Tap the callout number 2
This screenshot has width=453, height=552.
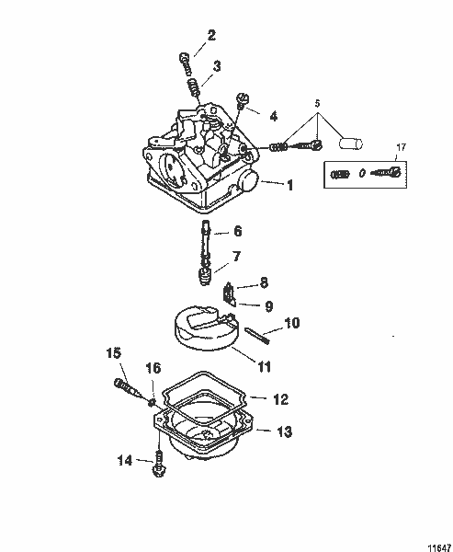[x=211, y=36]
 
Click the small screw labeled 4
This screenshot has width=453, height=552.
[x=243, y=102]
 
